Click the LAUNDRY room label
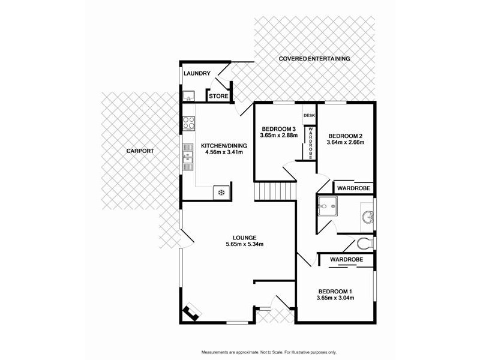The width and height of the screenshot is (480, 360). [197, 74]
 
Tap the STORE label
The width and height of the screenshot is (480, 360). [218, 96]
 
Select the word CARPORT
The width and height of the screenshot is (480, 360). [140, 151]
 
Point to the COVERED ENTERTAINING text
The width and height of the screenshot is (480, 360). [314, 59]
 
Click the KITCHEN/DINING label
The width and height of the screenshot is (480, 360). [221, 146]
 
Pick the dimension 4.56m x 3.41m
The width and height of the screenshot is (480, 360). [221, 152]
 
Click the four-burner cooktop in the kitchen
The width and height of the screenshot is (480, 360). [188, 123]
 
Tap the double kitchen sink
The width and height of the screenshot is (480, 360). [188, 158]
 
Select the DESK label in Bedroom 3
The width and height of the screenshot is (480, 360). [310, 115]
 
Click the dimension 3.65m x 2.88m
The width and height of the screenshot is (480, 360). [278, 136]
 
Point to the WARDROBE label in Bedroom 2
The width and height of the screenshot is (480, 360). [353, 188]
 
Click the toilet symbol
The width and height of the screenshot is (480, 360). [365, 244]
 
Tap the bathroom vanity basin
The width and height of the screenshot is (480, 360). [368, 216]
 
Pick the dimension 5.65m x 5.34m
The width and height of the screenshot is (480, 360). [245, 244]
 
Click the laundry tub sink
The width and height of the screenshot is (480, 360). [188, 96]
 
